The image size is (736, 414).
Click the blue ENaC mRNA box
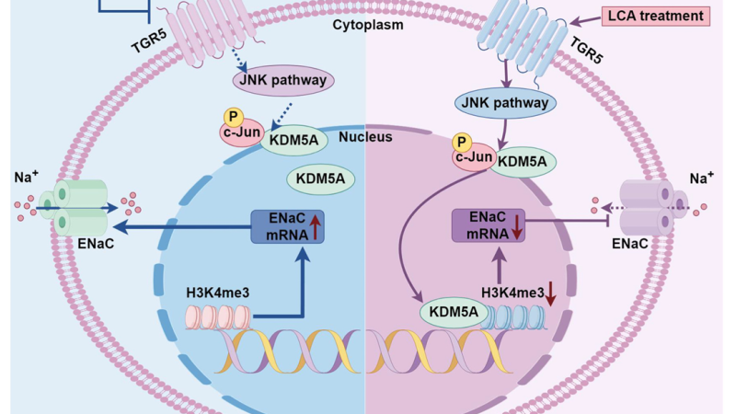[x=289, y=225]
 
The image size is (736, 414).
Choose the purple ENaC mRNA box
[x=488, y=225]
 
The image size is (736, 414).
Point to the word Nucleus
[x=365, y=137]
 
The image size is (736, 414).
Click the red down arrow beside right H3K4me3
[x=551, y=294]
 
